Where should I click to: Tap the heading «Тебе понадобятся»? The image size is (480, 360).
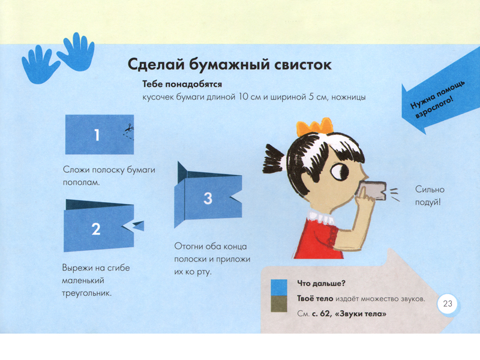(x=182, y=84)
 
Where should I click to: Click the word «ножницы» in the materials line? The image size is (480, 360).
(x=349, y=97)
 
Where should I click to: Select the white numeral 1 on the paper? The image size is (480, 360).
(x=97, y=135)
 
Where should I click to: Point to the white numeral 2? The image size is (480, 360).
(x=96, y=229)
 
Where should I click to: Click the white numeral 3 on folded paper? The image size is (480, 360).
(x=208, y=199)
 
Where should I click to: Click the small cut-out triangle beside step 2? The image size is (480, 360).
(x=139, y=226)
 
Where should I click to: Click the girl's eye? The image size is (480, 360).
(x=340, y=172)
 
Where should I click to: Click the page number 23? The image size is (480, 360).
(x=447, y=304)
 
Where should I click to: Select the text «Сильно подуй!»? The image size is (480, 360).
(x=429, y=196)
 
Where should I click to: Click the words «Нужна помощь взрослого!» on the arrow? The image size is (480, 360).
(x=437, y=100)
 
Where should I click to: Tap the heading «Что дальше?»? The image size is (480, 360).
(x=321, y=283)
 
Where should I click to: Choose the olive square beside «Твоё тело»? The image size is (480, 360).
(x=279, y=304)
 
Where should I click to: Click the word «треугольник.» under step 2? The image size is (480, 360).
(x=86, y=293)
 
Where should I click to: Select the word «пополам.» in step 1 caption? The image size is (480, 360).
(x=81, y=183)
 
